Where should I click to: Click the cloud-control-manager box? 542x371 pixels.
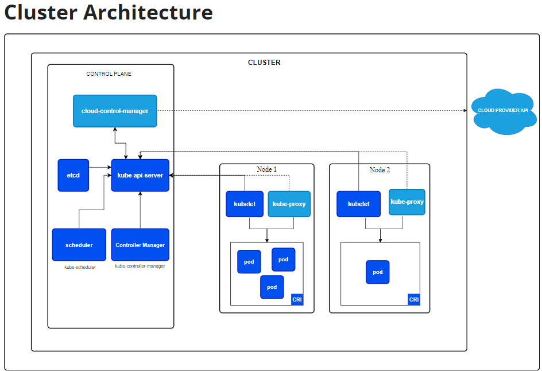pyautogui.click(x=115, y=111)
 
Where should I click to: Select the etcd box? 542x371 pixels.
pyautogui.click(x=73, y=175)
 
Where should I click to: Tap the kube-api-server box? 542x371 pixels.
pyautogui.click(x=140, y=175)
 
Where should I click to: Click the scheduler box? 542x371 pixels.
pyautogui.click(x=79, y=245)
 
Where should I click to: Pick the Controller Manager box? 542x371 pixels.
pyautogui.click(x=140, y=245)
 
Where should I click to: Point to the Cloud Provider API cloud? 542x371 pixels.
pyautogui.click(x=504, y=111)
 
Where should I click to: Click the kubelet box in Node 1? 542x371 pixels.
pyautogui.click(x=245, y=204)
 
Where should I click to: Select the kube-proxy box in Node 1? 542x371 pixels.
pyautogui.click(x=289, y=204)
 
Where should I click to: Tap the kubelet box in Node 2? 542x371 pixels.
pyautogui.click(x=358, y=204)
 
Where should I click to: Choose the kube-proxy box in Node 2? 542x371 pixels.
pyautogui.click(x=407, y=202)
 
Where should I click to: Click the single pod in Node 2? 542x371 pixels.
pyautogui.click(x=378, y=272)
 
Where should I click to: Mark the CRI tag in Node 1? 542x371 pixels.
pyautogui.click(x=297, y=299)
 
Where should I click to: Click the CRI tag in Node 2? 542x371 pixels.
pyautogui.click(x=414, y=299)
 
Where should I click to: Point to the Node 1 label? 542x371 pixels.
pyautogui.click(x=266, y=169)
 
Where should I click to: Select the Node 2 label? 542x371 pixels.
pyautogui.click(x=380, y=169)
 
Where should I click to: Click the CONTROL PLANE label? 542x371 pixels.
pyautogui.click(x=109, y=74)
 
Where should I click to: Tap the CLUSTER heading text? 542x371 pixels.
pyautogui.click(x=264, y=63)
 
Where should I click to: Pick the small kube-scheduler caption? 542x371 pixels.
pyautogui.click(x=80, y=267)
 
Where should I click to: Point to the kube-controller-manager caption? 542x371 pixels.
pyautogui.click(x=140, y=266)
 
